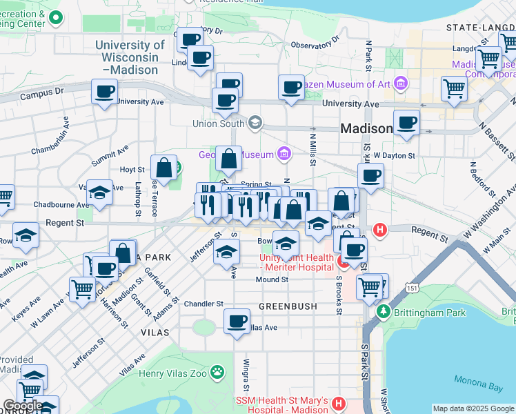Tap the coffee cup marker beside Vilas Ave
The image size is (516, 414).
(x=237, y=322)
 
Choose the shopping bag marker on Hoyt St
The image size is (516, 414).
(x=163, y=168)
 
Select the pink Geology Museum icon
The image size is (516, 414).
(x=283, y=153)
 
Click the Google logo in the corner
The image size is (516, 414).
(x=22, y=406)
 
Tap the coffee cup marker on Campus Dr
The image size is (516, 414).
(x=104, y=92)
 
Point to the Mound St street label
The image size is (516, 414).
(x=271, y=279)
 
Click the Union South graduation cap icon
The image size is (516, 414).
(x=255, y=124)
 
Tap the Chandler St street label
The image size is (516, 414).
(x=204, y=304)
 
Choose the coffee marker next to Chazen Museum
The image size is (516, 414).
(x=291, y=88)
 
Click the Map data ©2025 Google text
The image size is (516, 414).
(x=473, y=408)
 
